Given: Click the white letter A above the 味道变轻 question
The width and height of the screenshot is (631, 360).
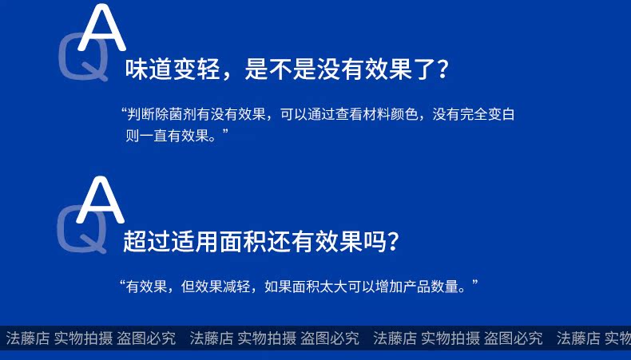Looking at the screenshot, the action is coord(101,28).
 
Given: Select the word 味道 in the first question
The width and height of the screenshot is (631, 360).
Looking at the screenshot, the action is coord(149,69).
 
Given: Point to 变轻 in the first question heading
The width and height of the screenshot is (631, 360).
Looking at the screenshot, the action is coord(196,69).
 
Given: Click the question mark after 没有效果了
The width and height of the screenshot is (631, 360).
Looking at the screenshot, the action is coord(442,69).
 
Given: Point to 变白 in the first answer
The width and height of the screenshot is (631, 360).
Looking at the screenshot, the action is coord(502,115).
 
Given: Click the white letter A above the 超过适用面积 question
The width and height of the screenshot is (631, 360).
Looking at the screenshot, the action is coord(100,200).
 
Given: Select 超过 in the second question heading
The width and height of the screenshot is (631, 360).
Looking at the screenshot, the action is coord(146,241).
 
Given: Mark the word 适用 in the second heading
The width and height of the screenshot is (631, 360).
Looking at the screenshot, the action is coord(194,241).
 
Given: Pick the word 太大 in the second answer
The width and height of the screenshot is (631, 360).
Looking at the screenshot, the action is coord(333,287).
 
